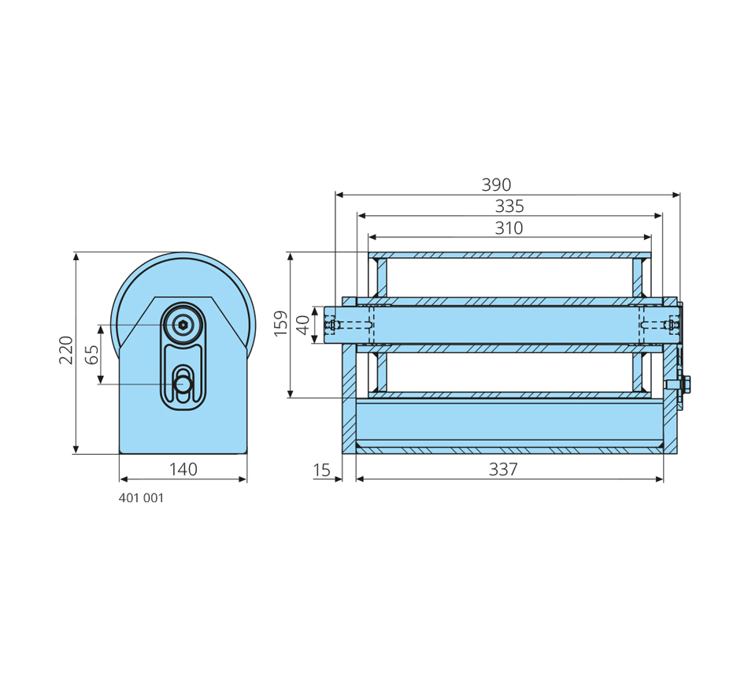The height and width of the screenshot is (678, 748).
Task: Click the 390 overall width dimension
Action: coord(496,185)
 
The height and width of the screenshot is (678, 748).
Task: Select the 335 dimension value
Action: coord(509,207)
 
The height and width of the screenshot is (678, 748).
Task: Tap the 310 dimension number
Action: coord(509,229)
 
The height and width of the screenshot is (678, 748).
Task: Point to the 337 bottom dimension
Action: coord(503,470)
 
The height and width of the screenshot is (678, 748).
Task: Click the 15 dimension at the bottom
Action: coord(322,471)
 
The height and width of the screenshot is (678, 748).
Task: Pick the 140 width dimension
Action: coord(183,470)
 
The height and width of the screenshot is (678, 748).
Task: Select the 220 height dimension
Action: coord(66,349)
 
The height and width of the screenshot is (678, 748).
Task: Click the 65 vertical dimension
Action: coord(92,354)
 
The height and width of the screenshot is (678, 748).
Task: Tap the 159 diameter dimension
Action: coord(281,324)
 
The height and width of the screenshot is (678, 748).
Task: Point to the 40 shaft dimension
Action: coord(303,324)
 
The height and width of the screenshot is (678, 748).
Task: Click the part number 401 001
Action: coord(142,499)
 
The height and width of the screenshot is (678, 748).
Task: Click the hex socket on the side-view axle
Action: coord(183,324)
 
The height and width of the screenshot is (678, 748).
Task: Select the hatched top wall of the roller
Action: coord(509,255)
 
